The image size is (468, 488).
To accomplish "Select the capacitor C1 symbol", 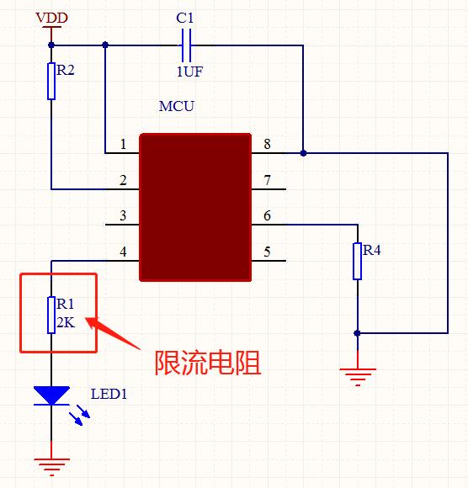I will click(188, 44).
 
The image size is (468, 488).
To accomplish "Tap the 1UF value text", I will click(189, 72).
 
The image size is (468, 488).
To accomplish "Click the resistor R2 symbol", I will click(51, 81).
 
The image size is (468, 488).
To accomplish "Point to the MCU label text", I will click(176, 107).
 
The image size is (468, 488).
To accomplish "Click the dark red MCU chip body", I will click(195, 206).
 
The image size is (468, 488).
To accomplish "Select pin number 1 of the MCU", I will click(123, 145).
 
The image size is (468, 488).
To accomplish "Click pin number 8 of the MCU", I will click(267, 144).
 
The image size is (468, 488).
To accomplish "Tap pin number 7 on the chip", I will click(267, 180).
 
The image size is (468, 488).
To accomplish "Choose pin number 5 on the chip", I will click(267, 252).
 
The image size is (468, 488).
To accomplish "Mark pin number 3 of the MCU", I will click(123, 216).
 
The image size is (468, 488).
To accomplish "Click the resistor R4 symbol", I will click(357, 261).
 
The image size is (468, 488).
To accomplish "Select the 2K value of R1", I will click(66, 322).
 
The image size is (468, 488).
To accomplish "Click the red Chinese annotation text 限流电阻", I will click(208, 363).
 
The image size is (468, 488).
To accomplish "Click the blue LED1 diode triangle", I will click(51, 395).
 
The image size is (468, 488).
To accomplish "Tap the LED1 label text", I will click(109, 393).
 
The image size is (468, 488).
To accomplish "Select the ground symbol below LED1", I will click(51, 464).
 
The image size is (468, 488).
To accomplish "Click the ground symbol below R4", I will click(357, 375).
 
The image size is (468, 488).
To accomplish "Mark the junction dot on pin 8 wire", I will click(303, 153).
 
